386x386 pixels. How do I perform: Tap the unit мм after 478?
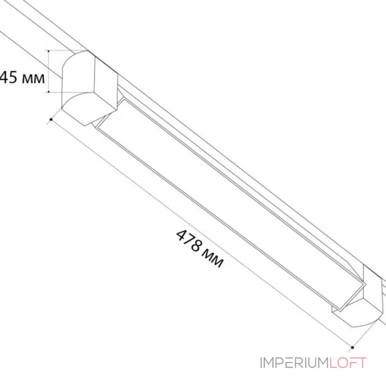point(213,260)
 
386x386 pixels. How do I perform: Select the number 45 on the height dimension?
point(8,78)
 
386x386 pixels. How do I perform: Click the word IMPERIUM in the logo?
point(294,363)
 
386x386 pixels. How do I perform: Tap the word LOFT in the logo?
point(348,363)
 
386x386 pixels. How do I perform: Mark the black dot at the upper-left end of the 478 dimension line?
point(50,118)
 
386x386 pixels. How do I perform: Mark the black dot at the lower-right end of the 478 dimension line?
point(353,347)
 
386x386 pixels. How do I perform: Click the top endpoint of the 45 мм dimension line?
point(50,50)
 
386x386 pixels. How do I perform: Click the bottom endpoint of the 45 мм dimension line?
point(50,92)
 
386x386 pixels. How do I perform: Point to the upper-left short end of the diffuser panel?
point(104,123)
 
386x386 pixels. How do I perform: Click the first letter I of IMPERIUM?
point(262,363)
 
